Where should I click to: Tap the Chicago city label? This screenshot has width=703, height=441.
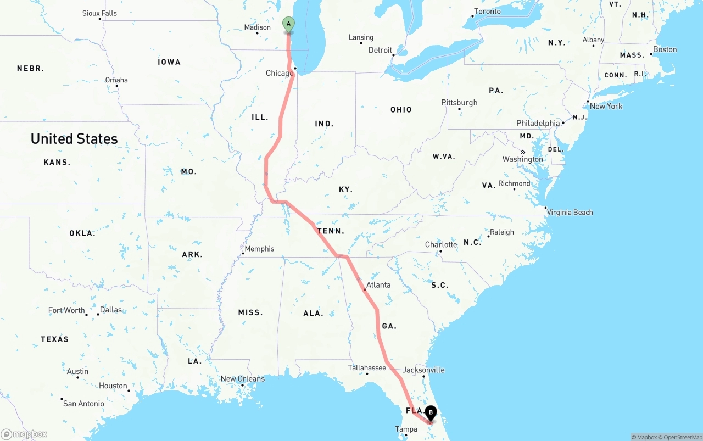tap(280, 73)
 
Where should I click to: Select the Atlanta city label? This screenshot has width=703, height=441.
tap(378, 284)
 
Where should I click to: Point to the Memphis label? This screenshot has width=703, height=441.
tap(259, 249)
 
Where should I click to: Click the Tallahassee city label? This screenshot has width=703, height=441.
tap(367, 367)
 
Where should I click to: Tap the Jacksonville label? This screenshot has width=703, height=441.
tap(423, 370)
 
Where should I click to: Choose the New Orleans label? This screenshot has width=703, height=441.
tap(242, 378)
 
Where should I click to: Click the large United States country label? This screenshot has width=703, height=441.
tap(74, 139)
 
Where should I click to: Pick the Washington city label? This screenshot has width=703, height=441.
tap(522, 159)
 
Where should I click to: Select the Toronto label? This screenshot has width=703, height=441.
tap(487, 12)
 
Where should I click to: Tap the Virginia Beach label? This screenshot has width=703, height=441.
tap(570, 212)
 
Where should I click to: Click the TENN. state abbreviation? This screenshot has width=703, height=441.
tap(331, 231)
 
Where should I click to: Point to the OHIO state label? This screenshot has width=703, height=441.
tap(401, 110)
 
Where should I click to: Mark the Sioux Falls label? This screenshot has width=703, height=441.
tap(99, 13)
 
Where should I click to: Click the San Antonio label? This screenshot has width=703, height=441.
tap(83, 404)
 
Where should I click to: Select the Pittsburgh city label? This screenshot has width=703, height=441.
tap(459, 103)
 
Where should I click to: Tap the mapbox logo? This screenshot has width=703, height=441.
tap(24, 434)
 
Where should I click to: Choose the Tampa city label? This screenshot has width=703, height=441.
tap(406, 429)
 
